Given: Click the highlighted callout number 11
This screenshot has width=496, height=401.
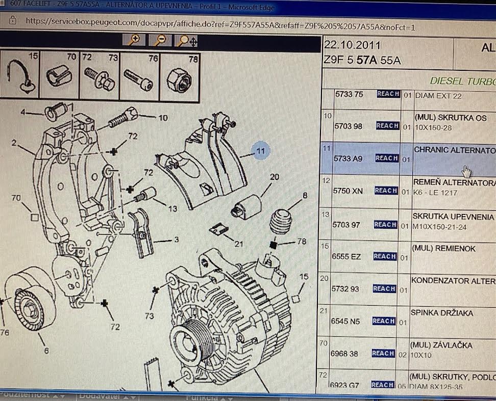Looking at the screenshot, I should tap(261, 151).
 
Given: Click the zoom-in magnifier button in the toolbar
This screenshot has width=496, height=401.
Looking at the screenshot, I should tap(135, 40).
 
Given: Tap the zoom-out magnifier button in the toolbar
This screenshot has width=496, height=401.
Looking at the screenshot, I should tap(160, 40).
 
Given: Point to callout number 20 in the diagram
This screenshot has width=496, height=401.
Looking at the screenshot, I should tap(275, 177).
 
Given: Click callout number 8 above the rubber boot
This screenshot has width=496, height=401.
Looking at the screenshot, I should tap(305, 195).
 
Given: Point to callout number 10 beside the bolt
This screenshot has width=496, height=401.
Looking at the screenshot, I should tap(163, 118).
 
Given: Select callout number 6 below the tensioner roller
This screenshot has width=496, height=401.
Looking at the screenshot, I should tap(46, 351).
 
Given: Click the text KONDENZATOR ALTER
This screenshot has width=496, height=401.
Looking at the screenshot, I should tap(453, 281).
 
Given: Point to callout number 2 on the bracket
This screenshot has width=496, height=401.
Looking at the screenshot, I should tap(14, 143).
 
